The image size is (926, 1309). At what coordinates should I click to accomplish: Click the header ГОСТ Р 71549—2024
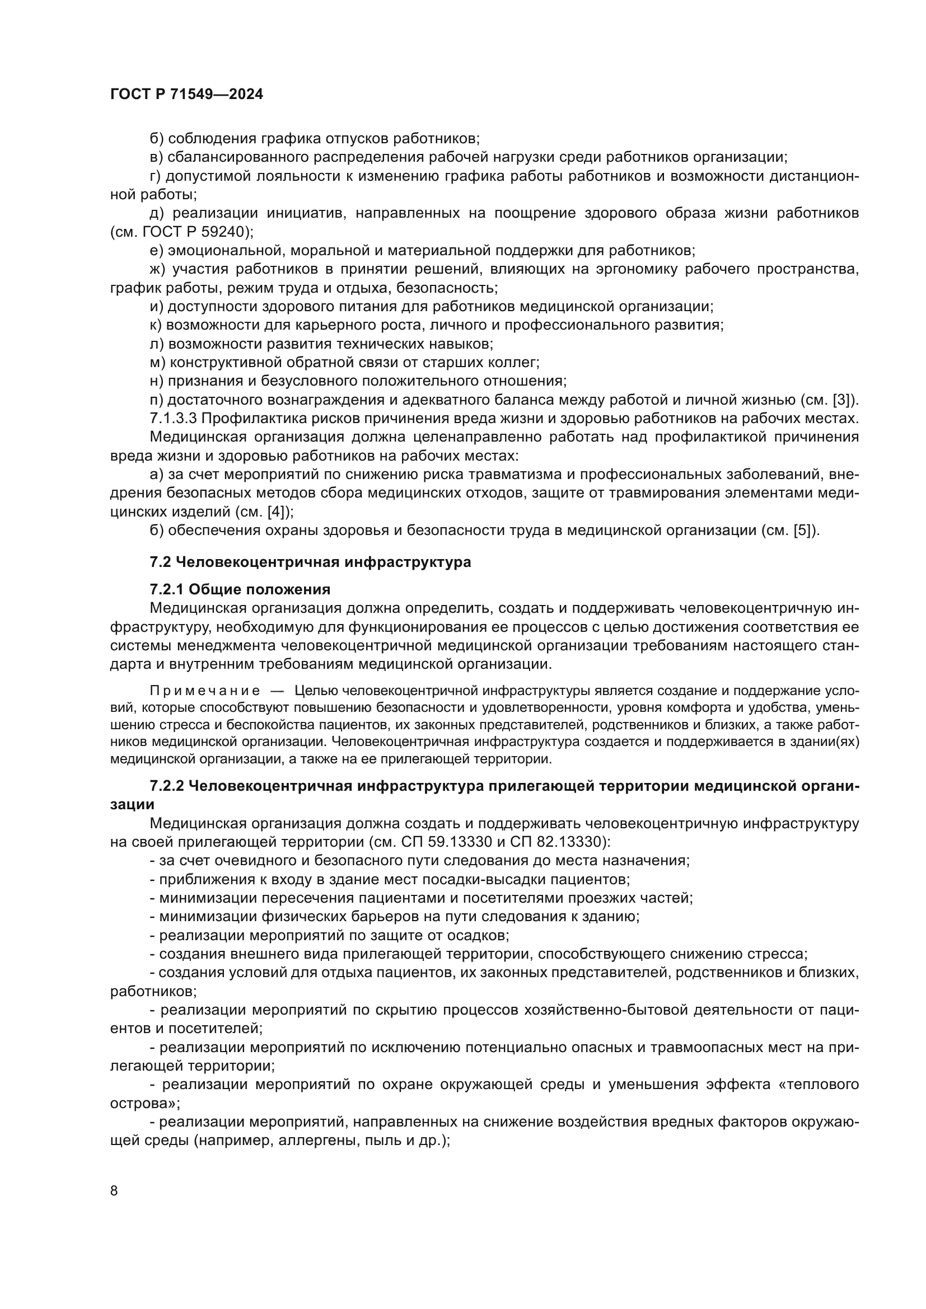[x=186, y=94]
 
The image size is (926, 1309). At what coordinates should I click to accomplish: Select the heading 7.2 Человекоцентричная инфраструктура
[x=310, y=562]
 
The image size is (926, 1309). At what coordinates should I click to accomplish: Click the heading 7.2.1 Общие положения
[x=240, y=589]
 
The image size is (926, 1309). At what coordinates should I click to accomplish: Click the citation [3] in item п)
[x=841, y=400]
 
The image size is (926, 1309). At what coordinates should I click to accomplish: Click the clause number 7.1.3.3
[x=174, y=419]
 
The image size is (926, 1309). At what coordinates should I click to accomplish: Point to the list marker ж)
[x=157, y=269]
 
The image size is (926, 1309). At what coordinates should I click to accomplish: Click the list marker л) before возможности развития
[x=157, y=344]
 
